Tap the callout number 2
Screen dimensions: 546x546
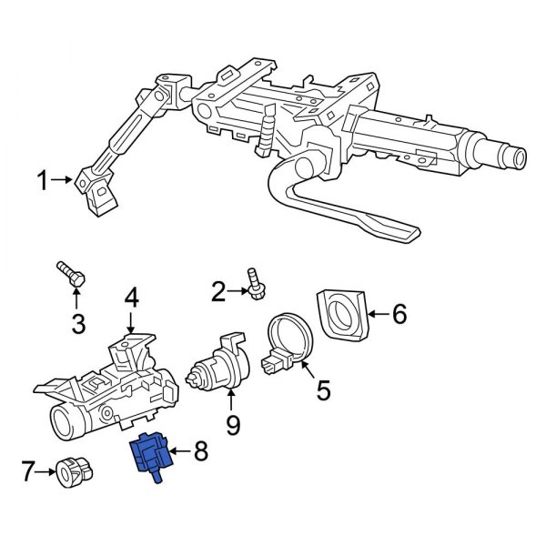tap(217, 291)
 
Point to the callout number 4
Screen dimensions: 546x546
tap(131, 297)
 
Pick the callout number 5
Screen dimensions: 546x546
tap(322, 391)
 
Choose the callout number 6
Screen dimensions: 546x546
tap(399, 315)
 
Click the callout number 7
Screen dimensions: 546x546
tap(28, 471)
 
